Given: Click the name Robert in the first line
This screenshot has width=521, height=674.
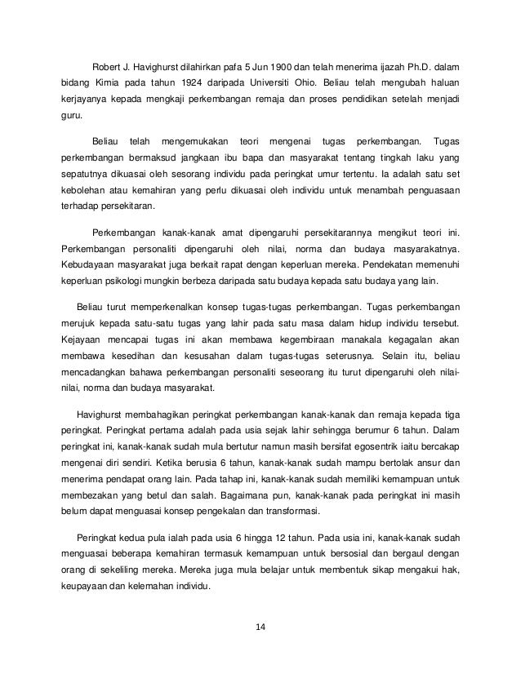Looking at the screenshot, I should (x=108, y=66).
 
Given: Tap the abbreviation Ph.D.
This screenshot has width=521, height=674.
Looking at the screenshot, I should (x=417, y=66).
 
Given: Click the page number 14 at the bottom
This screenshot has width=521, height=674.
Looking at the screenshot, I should (x=260, y=627).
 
